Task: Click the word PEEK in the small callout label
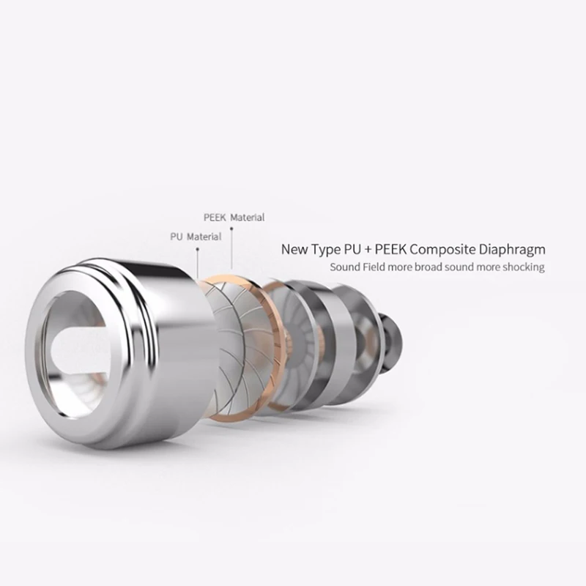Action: (215, 217)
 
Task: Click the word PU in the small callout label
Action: (176, 237)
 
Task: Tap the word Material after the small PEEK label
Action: (248, 217)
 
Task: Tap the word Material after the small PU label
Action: (204, 237)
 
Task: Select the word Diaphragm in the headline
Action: (512, 250)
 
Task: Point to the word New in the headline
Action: (295, 249)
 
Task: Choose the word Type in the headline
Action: (325, 250)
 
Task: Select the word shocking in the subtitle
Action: (523, 267)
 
